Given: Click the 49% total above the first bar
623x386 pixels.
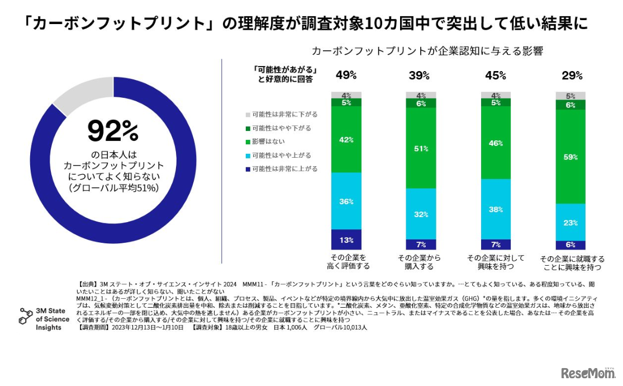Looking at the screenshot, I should pyautogui.click(x=346, y=75).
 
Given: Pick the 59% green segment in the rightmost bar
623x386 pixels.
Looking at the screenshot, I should pyautogui.click(x=570, y=157).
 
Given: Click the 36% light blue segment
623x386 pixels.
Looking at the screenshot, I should pyautogui.click(x=346, y=201).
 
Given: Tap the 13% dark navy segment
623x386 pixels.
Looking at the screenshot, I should pyautogui.click(x=346, y=240).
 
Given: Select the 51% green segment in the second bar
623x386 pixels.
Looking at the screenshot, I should pyautogui.click(x=421, y=148).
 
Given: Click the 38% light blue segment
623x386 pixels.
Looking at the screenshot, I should pyautogui.click(x=496, y=210).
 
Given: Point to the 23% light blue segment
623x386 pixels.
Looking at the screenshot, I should pyautogui.click(x=570, y=222).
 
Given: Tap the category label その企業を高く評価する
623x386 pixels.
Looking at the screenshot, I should pyautogui.click(x=347, y=262).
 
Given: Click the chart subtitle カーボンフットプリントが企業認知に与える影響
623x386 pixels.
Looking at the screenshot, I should pyautogui.click(x=427, y=50).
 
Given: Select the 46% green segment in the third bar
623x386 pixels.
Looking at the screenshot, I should pyautogui.click(x=496, y=144).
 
